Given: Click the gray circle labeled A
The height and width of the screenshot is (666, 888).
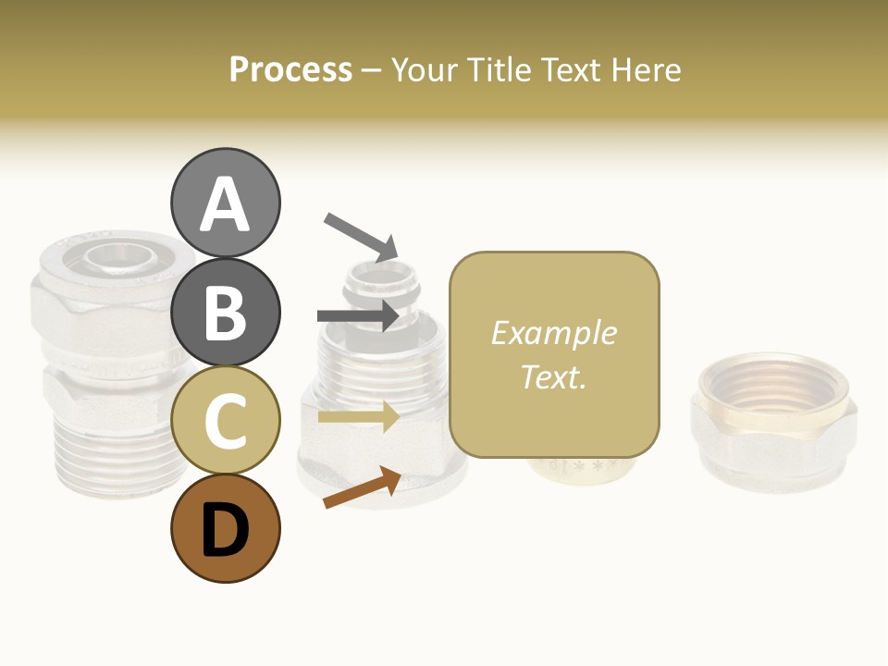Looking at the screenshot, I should (225, 203).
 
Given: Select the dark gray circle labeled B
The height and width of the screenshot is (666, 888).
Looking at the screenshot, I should (225, 312).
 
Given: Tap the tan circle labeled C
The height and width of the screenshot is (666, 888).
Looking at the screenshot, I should (225, 420).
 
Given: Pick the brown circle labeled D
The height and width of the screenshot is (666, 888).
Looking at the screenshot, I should (225, 528).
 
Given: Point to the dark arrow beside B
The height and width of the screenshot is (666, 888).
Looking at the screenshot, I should (359, 316).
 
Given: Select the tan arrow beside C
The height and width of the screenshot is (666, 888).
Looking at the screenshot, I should (359, 416).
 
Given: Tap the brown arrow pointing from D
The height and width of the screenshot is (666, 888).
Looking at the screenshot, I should (362, 487).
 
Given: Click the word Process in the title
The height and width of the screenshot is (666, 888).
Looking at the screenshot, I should (290, 69).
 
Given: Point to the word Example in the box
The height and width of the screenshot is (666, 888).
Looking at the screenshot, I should (553, 333).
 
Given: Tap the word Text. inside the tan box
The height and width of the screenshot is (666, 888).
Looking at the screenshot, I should (553, 376).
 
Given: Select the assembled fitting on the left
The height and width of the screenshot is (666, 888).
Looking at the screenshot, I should (102, 361).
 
